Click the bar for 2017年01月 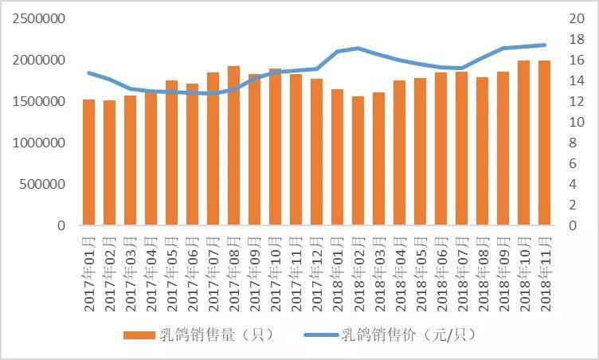point(88,162)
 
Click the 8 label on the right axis point(574,143)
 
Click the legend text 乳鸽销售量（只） point(217,335)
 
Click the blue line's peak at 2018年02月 point(358,48)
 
